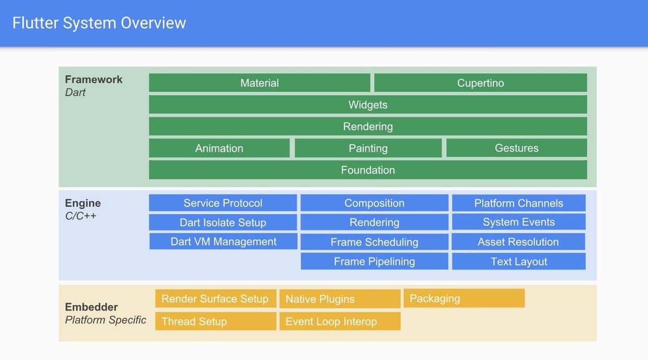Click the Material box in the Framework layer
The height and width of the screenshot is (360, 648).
(x=259, y=83)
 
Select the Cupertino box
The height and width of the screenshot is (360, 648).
(x=480, y=83)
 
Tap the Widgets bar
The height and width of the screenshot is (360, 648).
(x=368, y=104)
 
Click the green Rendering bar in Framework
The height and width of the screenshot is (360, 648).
(x=368, y=126)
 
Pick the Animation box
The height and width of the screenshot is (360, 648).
(x=219, y=148)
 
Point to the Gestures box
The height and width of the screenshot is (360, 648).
(x=516, y=148)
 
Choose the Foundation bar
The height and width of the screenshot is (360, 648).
(x=368, y=170)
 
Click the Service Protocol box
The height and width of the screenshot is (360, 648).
(x=223, y=203)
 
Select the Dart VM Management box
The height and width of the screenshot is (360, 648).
(x=223, y=241)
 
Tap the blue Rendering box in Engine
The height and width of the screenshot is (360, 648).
(x=374, y=222)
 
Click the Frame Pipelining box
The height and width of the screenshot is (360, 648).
(x=374, y=261)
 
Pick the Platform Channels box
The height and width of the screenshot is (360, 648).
(x=518, y=203)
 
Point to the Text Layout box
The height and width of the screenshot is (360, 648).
(x=518, y=261)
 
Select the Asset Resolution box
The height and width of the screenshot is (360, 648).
(x=518, y=241)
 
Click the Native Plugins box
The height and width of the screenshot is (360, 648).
(x=340, y=299)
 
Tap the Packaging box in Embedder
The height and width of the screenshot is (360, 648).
(x=464, y=298)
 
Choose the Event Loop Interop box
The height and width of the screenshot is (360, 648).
(x=340, y=321)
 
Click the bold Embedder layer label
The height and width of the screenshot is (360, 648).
(x=91, y=307)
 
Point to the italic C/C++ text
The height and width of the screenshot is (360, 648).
(x=80, y=216)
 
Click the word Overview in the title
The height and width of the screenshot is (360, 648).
(x=153, y=23)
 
